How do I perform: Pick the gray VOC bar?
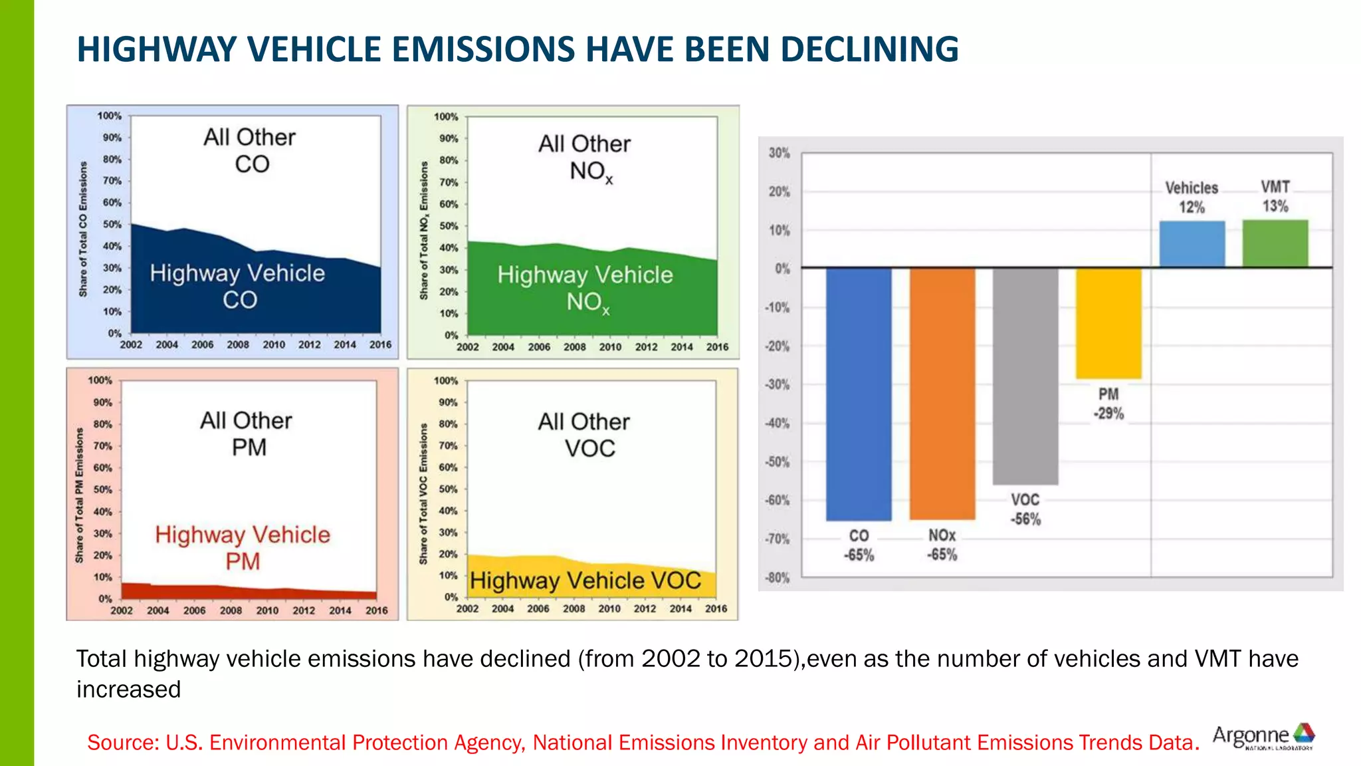pyautogui.click(x=1025, y=376)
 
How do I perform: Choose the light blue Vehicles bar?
pyautogui.click(x=1192, y=244)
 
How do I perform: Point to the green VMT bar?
pyautogui.click(x=1275, y=243)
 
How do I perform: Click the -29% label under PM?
pyautogui.click(x=1108, y=414)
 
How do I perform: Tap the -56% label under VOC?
pyautogui.click(x=1025, y=519)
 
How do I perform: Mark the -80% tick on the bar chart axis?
pyautogui.click(x=777, y=578)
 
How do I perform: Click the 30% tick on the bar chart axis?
pyautogui.click(x=779, y=153)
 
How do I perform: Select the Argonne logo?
pyautogui.click(x=1263, y=737)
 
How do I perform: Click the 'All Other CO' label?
pyautogui.click(x=250, y=150)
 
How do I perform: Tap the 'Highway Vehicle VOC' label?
pyautogui.click(x=585, y=580)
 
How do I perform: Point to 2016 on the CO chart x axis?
pyautogui.click(x=380, y=344)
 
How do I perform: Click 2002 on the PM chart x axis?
pyautogui.click(x=122, y=610)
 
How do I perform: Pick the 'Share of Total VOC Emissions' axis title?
pyautogui.click(x=423, y=494)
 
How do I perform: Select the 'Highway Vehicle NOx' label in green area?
pyautogui.click(x=585, y=288)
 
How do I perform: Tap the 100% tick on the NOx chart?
pyautogui.click(x=446, y=117)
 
